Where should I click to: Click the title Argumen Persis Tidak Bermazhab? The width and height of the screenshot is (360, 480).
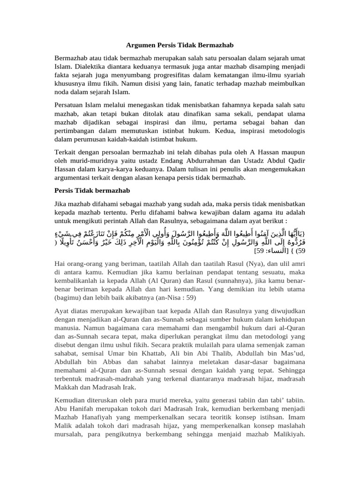(180, 45)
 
